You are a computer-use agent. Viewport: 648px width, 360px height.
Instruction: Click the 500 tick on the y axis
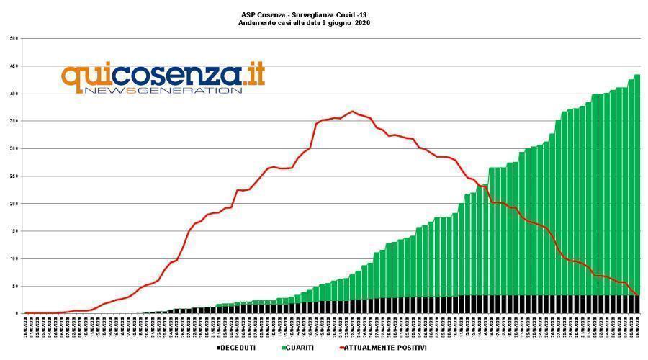[14, 39]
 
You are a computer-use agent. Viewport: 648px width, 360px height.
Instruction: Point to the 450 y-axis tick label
[14, 66]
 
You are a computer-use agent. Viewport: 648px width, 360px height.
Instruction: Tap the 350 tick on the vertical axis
[14, 121]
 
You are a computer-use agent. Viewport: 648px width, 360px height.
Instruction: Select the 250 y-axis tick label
[14, 176]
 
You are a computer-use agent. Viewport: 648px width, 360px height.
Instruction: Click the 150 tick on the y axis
[14, 231]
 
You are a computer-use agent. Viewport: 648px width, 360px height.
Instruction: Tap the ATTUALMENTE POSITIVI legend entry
[385, 348]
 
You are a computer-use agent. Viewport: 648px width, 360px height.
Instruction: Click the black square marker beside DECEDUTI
[218, 348]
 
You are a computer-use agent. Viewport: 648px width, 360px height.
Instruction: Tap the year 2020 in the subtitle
[363, 23]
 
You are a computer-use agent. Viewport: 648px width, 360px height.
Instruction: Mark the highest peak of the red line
[353, 112]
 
